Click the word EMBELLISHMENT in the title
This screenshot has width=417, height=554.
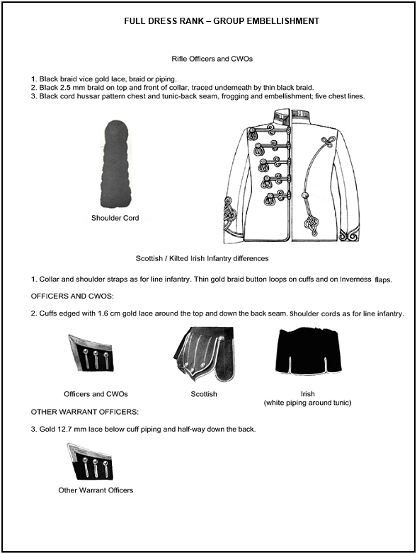click(282, 21)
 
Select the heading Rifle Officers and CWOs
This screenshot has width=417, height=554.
click(212, 59)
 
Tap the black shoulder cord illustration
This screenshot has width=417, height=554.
click(115, 164)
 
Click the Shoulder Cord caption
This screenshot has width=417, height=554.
click(115, 218)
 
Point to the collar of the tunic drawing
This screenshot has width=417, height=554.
click(292, 115)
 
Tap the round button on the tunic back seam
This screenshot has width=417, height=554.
click(304, 195)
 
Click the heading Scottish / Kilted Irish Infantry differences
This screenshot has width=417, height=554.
click(202, 259)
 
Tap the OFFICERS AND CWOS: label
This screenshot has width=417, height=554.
click(72, 296)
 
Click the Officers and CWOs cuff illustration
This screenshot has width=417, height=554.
click(91, 352)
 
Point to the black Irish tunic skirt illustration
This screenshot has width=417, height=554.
click(309, 351)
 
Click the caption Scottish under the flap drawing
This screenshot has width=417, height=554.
click(204, 394)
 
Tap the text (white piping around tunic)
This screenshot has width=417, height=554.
click(307, 403)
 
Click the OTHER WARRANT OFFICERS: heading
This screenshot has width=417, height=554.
click(85, 412)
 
